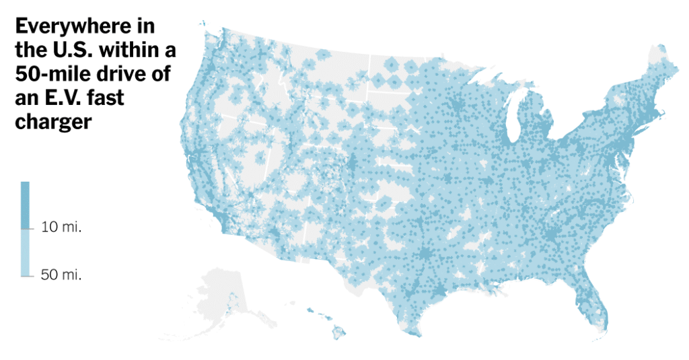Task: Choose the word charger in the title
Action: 52,122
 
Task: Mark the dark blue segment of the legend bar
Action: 25,205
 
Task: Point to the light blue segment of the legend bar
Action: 25,252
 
